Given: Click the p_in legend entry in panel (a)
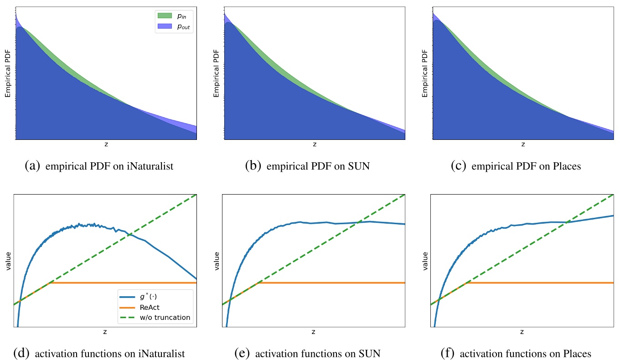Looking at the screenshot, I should pyautogui.click(x=176, y=16).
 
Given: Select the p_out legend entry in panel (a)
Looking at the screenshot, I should pyautogui.click(x=176, y=27).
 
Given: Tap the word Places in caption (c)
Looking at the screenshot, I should pyautogui.click(x=565, y=166).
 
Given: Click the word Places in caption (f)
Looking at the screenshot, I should pyautogui.click(x=575, y=354).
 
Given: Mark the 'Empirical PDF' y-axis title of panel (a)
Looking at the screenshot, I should pyautogui.click(x=7, y=73).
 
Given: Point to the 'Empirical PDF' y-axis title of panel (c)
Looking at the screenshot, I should pyautogui.click(x=424, y=73).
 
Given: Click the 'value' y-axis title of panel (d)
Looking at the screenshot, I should pyautogui.click(x=7, y=261).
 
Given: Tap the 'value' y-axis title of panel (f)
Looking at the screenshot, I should pyautogui.click(x=424, y=261).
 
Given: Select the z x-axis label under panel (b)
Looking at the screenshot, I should pyautogui.click(x=314, y=144).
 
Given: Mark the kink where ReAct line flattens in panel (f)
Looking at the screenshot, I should pyautogui.click(x=467, y=283).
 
